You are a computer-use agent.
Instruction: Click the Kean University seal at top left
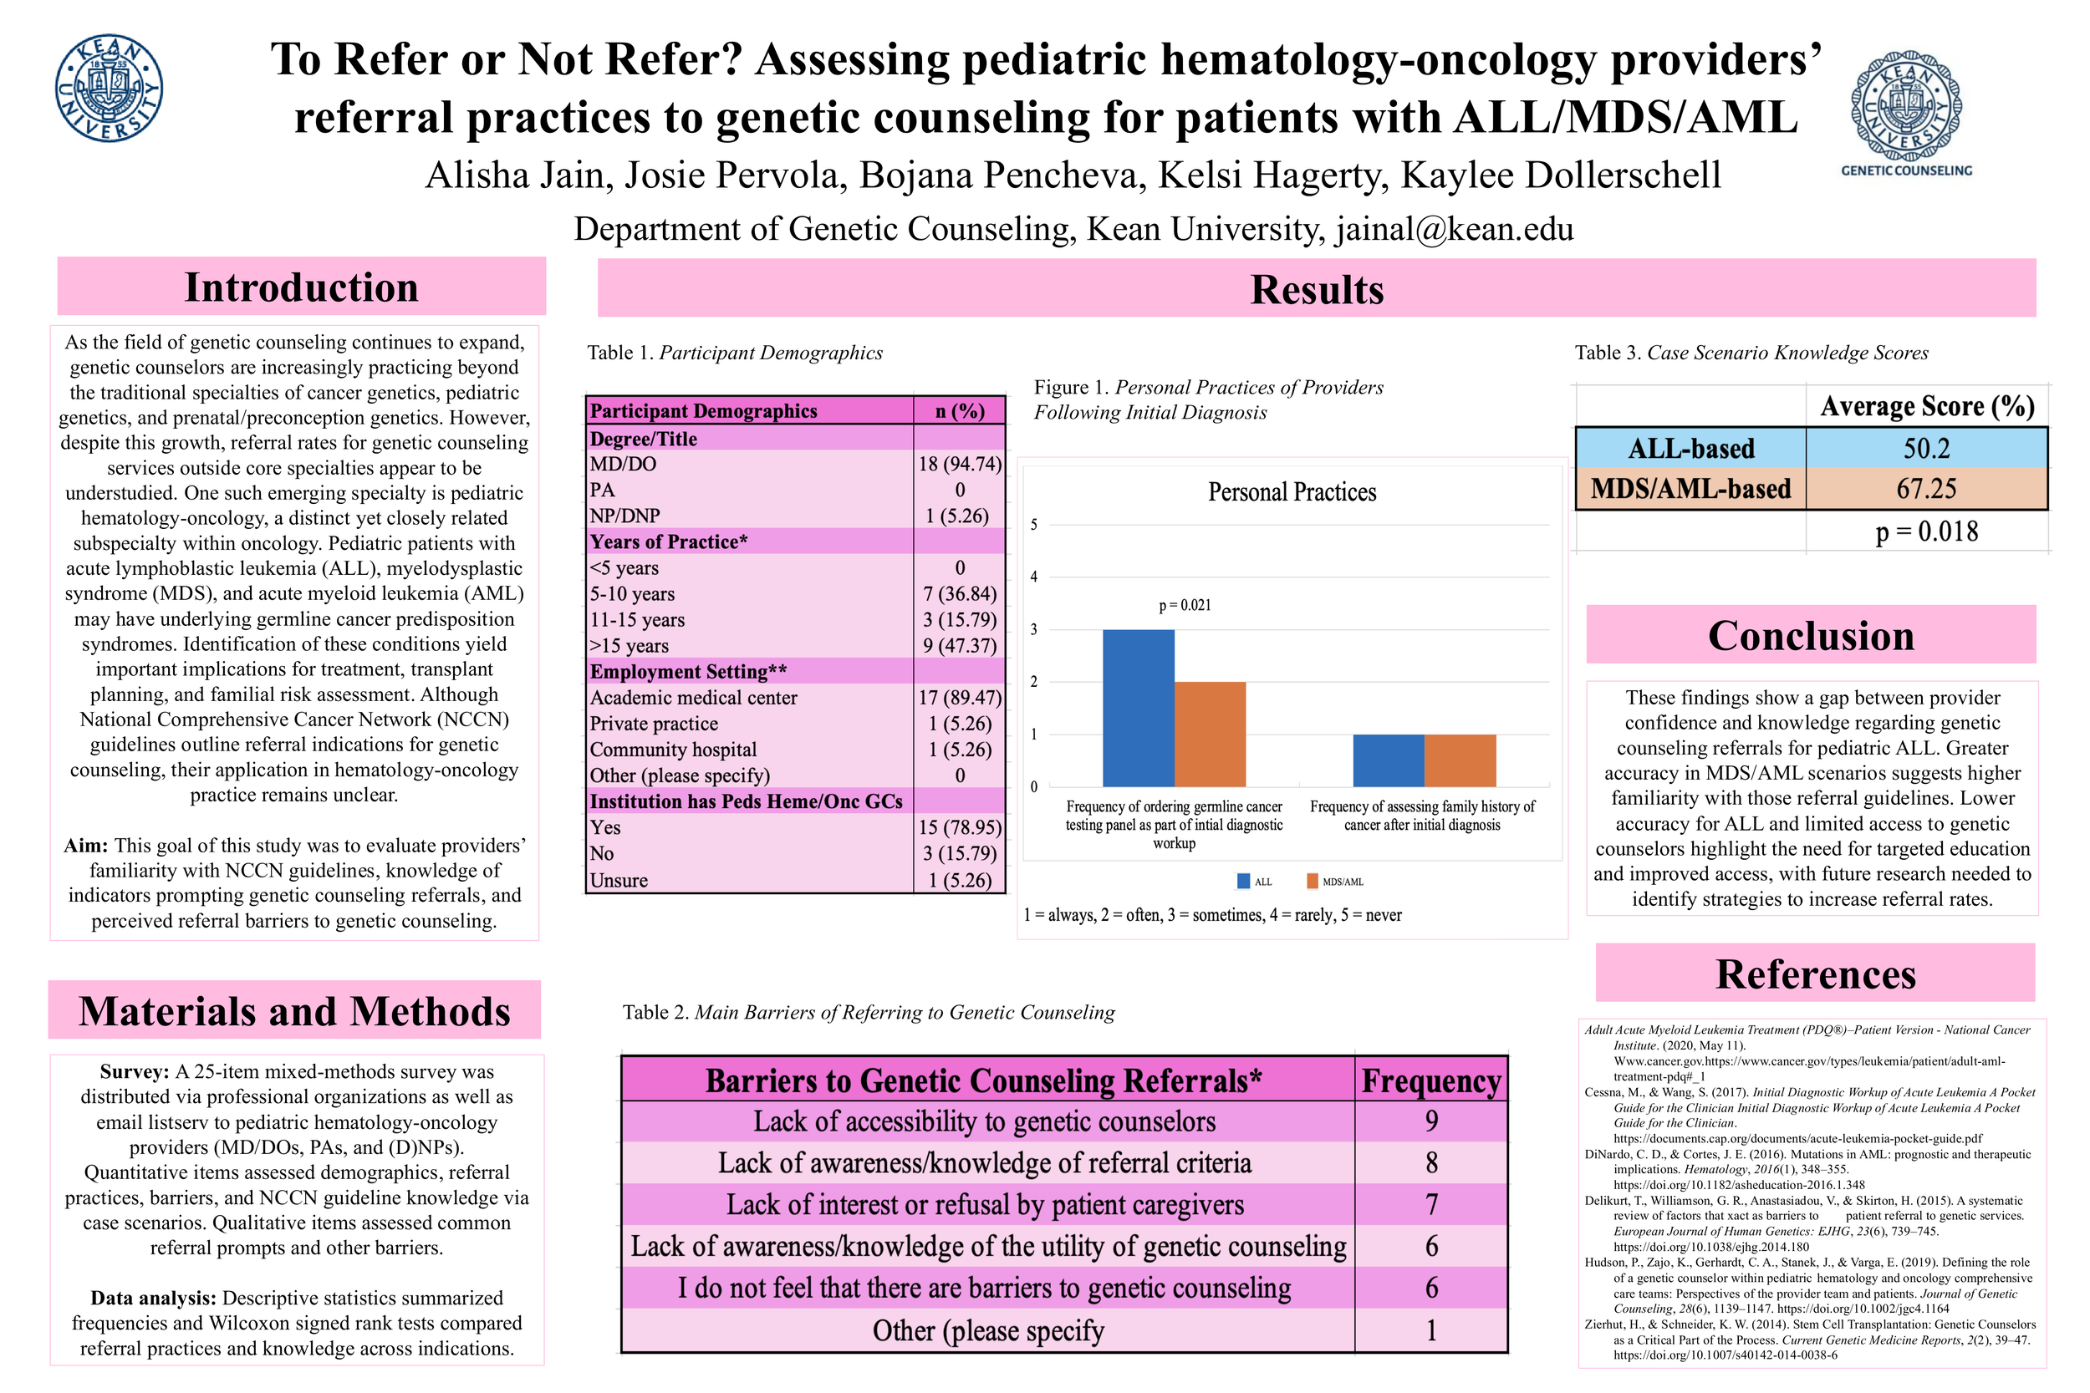coord(109,88)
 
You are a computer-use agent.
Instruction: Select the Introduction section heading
coord(301,287)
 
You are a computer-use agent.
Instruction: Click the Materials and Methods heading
coord(294,1011)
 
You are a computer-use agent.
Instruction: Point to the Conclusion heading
coord(1810,635)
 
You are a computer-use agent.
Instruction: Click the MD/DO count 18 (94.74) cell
coord(959,464)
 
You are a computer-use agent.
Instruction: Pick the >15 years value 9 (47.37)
coord(959,646)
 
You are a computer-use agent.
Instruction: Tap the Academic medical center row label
coord(693,698)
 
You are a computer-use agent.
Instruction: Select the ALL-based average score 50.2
coord(1925,449)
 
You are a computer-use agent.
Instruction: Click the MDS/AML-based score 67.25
coord(1925,489)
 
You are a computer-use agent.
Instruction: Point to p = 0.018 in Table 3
coord(1925,531)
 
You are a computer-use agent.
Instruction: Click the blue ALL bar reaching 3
coord(1138,708)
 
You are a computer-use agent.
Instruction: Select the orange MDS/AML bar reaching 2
coord(1210,734)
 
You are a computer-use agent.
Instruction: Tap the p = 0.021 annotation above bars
coord(1184,605)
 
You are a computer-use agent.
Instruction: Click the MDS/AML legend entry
coord(1335,882)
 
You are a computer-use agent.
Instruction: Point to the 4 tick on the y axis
coord(1033,577)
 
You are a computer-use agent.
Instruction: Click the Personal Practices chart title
coord(1291,492)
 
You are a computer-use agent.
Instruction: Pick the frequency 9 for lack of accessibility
coord(1430,1121)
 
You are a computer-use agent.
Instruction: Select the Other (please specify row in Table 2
coord(987,1331)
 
